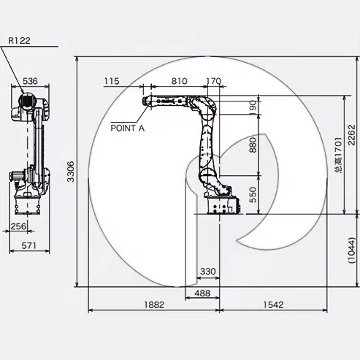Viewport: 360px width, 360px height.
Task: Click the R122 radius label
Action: pos(19,41)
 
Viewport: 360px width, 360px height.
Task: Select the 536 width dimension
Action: pos(30,81)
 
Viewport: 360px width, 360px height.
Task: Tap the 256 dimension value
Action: pos(18,226)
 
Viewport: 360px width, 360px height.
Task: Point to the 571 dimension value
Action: pos(28,245)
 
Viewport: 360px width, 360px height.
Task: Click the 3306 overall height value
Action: pos(71,172)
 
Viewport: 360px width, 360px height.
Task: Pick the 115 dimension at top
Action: pos(112,81)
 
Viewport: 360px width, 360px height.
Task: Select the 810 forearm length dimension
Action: pos(180,81)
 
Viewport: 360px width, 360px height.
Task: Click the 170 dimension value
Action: pos(214,81)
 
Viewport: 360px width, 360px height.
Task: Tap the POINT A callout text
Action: pos(128,128)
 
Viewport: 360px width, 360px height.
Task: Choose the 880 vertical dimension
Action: pos(253,145)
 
